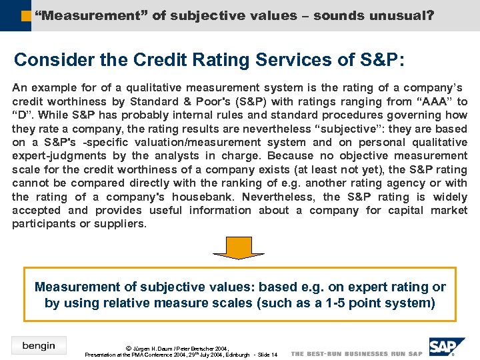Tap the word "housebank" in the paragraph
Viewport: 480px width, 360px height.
point(203,197)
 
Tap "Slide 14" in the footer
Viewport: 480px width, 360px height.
point(266,355)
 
